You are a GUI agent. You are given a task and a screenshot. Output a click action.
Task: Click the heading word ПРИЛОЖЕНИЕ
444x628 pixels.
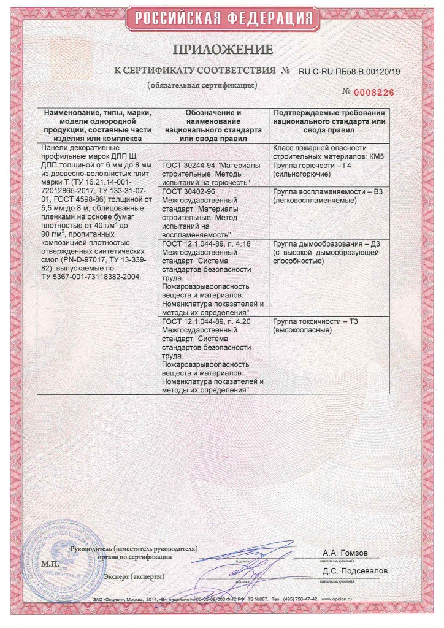[222, 50]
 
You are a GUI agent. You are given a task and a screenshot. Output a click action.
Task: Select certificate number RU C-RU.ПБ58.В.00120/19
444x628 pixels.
[349, 72]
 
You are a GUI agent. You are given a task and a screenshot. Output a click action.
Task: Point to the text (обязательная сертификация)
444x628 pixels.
[202, 85]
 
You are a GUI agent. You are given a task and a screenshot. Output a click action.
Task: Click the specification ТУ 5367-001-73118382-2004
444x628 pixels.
[90, 277]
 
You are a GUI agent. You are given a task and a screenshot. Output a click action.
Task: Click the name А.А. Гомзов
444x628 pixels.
[345, 553]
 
